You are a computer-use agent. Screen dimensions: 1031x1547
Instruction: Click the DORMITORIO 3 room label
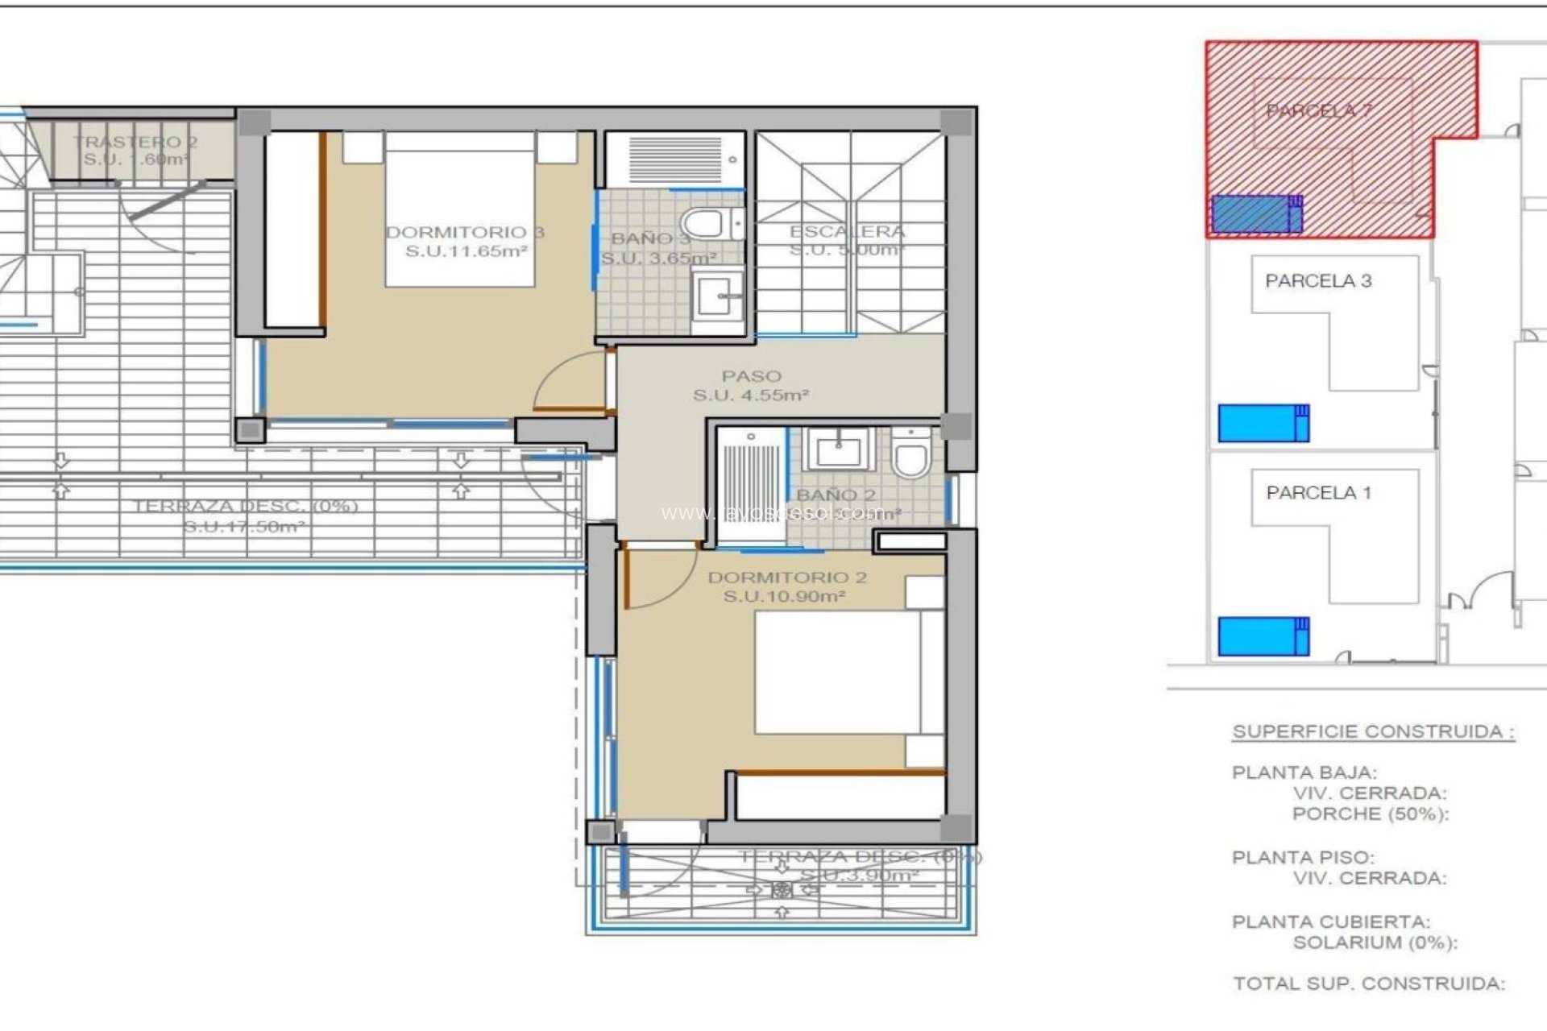tap(465, 233)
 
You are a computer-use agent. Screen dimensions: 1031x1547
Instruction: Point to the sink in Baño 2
tap(840, 449)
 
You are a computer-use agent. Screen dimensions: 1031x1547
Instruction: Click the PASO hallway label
tap(751, 376)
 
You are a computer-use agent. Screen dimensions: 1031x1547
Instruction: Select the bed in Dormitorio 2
tap(838, 673)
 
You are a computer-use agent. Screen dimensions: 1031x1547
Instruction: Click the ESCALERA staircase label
tap(847, 232)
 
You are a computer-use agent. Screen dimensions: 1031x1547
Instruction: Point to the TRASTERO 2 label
tap(135, 143)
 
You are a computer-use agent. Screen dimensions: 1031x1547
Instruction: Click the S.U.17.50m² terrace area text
tap(243, 527)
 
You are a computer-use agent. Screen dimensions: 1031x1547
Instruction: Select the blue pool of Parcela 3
tap(1262, 423)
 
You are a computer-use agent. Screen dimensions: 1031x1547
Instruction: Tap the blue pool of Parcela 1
tap(1262, 636)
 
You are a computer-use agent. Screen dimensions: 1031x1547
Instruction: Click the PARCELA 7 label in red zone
tap(1318, 111)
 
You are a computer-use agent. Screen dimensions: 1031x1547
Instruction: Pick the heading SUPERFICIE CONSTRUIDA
tap(1373, 732)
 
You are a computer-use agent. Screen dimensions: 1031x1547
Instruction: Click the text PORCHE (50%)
tap(1370, 814)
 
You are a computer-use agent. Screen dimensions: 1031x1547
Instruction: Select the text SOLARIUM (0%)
tap(1375, 943)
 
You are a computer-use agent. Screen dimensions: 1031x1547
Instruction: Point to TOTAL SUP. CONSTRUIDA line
tap(1368, 983)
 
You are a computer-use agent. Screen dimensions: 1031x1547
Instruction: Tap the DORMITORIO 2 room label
tap(786, 578)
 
